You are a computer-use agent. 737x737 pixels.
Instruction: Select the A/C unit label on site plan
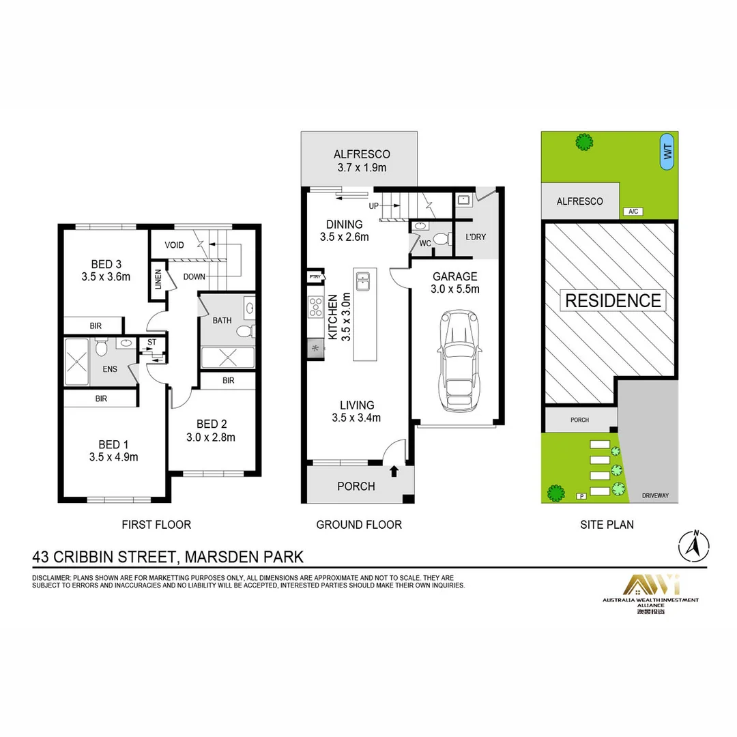(x=633, y=212)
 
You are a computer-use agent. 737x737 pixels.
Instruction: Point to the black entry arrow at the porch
(x=394, y=471)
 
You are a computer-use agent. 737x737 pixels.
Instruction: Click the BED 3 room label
(x=106, y=264)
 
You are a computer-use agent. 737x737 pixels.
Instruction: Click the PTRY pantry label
(x=315, y=277)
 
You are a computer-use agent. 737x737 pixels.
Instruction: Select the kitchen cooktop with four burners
(x=315, y=307)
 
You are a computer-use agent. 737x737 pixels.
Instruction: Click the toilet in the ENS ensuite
(x=101, y=348)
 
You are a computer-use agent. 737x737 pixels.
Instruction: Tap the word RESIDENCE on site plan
(x=612, y=300)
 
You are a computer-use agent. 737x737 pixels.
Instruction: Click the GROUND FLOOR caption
(x=358, y=525)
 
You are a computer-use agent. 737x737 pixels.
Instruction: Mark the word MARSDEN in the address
(x=217, y=557)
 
